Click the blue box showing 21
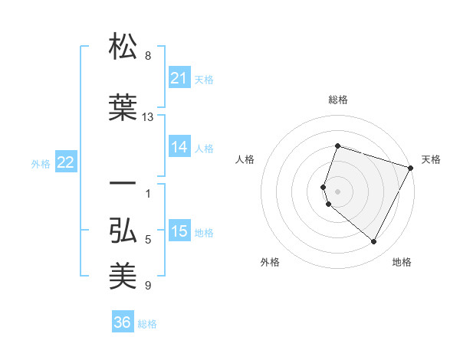click(x=179, y=78)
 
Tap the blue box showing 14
click(x=179, y=147)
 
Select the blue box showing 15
click(x=179, y=232)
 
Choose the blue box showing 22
click(x=66, y=162)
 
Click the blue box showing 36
click(x=123, y=322)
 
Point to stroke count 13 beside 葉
click(x=148, y=116)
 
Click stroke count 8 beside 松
click(x=148, y=56)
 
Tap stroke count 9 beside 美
click(x=148, y=286)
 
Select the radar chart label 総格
click(x=337, y=100)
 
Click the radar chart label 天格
click(x=431, y=159)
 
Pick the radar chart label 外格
click(x=270, y=262)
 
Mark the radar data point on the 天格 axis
click(x=411, y=168)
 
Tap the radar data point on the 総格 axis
click(x=337, y=146)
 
